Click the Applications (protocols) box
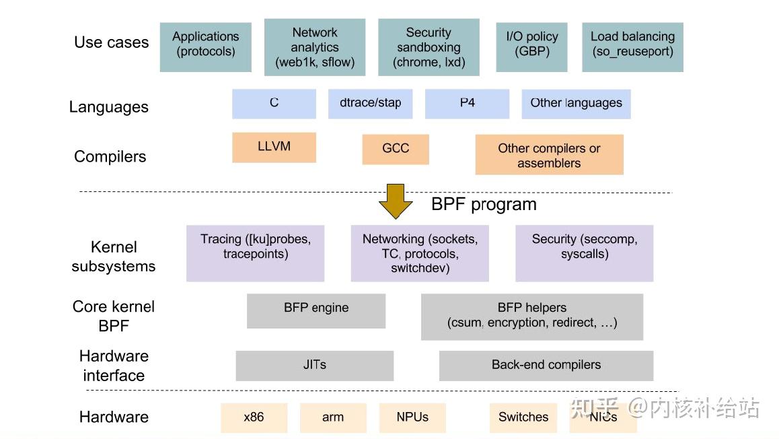click(x=205, y=47)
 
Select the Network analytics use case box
click(x=315, y=47)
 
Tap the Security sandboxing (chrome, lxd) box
click(x=429, y=47)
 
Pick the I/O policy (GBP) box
click(x=532, y=47)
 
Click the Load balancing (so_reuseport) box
click(x=632, y=47)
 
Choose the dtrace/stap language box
click(x=370, y=104)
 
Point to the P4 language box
click(x=467, y=104)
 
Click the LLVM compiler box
click(x=274, y=147)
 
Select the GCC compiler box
click(x=396, y=149)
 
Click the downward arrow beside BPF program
click(x=396, y=201)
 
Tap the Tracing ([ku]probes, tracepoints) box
click(x=255, y=253)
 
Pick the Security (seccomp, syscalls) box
click(x=584, y=253)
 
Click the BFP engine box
click(x=316, y=310)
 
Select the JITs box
click(x=314, y=366)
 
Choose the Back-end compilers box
click(x=546, y=366)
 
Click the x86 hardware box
click(x=254, y=417)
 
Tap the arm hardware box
click(x=333, y=417)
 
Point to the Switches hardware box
click(x=523, y=417)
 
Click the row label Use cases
click(x=111, y=42)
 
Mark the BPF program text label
click(x=484, y=205)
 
